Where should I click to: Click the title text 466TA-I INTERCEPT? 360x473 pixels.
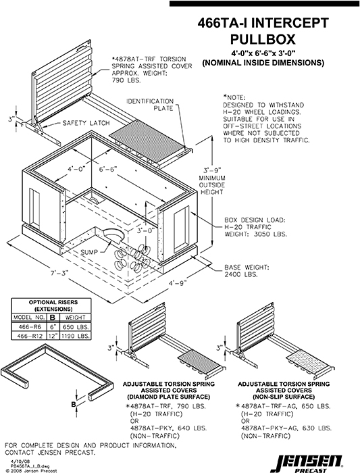(263, 22)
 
